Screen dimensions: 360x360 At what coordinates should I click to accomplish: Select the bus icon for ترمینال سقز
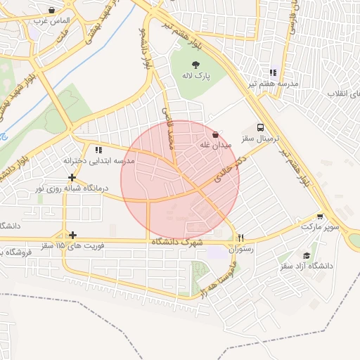click(261, 128)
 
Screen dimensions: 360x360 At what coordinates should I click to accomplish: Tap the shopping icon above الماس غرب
click(52, 11)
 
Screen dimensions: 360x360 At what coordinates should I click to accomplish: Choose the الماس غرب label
click(48, 22)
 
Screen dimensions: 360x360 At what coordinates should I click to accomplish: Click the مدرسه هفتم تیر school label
click(272, 84)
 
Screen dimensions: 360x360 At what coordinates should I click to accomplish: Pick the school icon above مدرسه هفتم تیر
click(273, 72)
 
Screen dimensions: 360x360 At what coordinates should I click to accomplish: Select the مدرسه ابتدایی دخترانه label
click(98, 160)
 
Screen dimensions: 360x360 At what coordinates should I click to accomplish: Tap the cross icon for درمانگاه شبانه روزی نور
click(72, 177)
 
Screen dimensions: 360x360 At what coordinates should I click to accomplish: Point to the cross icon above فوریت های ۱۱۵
click(72, 235)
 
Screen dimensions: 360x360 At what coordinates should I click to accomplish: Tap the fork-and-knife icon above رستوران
click(241, 238)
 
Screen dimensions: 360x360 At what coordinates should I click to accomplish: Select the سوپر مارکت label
click(321, 227)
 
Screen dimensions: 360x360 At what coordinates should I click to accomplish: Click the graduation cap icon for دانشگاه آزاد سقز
click(306, 256)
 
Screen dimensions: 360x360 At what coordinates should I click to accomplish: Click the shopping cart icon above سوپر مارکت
click(321, 217)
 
